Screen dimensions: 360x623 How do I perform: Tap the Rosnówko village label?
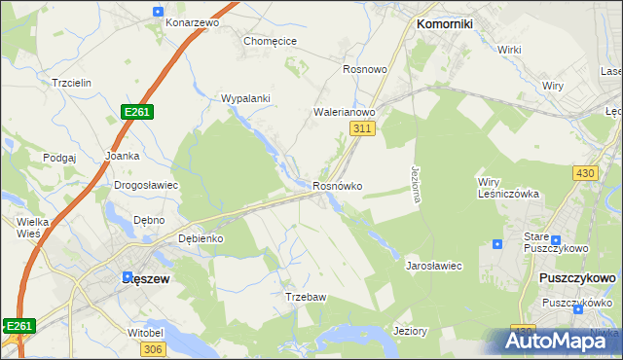point(338,186)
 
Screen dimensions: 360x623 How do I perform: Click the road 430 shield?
point(584,172)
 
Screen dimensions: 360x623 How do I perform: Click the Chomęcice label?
point(270,42)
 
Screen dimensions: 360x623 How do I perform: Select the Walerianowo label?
point(344,112)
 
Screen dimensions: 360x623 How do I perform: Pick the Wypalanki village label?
point(245,99)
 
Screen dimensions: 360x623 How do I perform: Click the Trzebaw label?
point(304,297)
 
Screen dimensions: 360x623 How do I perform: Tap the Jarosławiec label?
point(433,265)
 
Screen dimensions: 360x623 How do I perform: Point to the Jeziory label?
point(410,331)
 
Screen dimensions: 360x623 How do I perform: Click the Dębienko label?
point(202,238)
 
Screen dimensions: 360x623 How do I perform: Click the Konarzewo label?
point(192,21)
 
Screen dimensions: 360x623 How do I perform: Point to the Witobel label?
point(118,333)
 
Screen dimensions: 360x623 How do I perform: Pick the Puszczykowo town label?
point(577,278)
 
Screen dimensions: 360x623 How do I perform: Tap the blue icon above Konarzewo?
point(159,10)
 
